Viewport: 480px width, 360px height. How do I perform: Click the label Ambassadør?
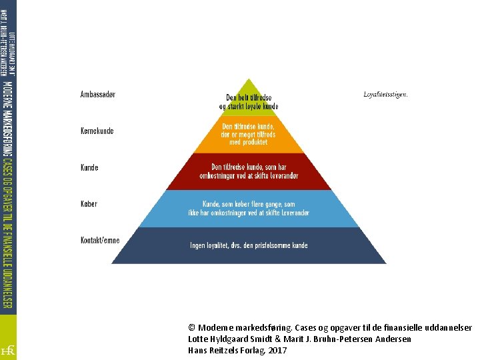coord(97,95)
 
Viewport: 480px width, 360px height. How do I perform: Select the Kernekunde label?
coord(97,131)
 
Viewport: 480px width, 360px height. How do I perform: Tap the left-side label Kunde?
coord(89,167)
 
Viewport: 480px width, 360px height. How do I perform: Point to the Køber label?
coord(89,203)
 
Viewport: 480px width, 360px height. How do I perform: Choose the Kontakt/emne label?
coord(100,240)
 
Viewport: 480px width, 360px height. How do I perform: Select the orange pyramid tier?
coord(249,133)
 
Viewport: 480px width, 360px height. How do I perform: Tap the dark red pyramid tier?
coord(249,171)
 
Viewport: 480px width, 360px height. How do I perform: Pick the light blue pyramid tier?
coord(249,208)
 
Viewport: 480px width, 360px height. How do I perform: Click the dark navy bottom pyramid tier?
coord(249,245)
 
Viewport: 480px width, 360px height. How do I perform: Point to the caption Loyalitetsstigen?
coord(385,95)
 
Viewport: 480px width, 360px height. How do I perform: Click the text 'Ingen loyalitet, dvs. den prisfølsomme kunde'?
coord(249,245)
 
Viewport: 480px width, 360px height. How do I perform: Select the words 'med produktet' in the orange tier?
coord(249,142)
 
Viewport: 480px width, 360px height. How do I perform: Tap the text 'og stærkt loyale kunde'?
coord(249,107)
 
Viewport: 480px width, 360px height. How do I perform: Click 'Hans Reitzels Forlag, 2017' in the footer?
coord(237,350)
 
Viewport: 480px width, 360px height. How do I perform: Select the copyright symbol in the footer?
coord(192,328)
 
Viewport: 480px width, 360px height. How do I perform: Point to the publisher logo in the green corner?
coord(9,349)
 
